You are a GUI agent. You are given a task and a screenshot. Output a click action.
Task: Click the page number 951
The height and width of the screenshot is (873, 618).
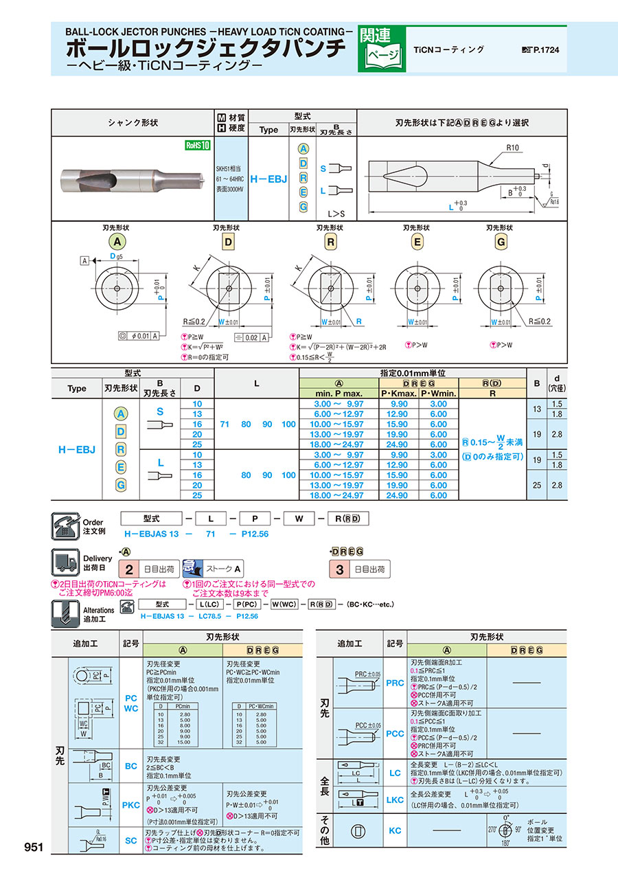point(34,847)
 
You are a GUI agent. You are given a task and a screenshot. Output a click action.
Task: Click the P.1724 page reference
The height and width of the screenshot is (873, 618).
point(546,50)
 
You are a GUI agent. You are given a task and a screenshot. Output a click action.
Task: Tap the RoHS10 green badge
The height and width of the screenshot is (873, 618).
point(196,145)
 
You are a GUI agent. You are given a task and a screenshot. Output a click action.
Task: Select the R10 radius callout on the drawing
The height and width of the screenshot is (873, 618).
point(513,148)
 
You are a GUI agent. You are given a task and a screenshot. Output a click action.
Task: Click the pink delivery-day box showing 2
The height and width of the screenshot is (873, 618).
point(128,569)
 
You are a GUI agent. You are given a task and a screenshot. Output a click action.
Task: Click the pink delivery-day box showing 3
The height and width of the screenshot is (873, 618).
point(339,569)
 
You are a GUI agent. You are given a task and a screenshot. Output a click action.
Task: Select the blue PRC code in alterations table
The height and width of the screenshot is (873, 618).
point(395,683)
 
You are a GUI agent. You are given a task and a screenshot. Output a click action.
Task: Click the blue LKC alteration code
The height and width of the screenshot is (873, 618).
point(395,800)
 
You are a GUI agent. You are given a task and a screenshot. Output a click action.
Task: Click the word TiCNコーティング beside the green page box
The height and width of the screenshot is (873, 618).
point(449,49)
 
